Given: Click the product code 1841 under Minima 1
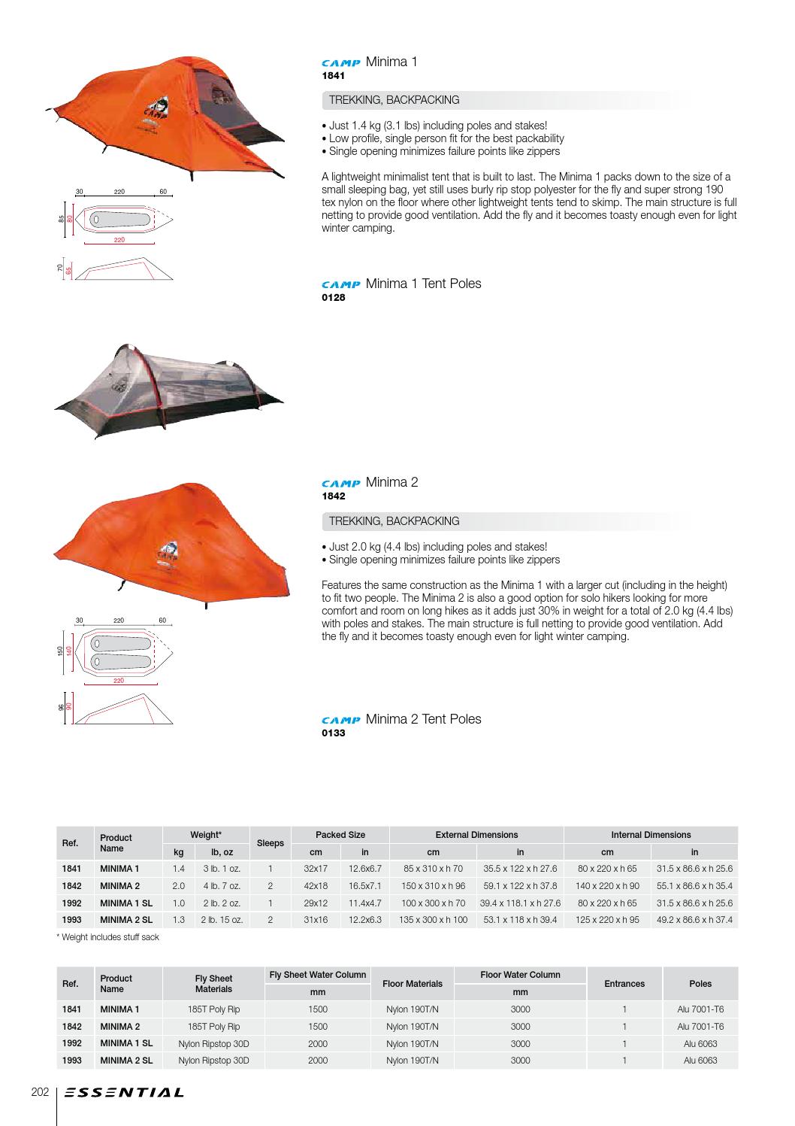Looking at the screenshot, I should coord(333,76).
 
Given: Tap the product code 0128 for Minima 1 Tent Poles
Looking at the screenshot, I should coord(333,298).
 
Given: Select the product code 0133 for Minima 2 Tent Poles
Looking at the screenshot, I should coord(333,733).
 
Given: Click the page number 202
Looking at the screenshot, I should coord(40,1091).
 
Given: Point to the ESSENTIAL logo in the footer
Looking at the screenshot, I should coord(124,1092).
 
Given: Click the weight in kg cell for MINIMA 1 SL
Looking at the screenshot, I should coord(178,903).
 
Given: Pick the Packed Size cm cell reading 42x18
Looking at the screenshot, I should coord(316,886).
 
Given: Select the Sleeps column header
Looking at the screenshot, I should coord(271,843).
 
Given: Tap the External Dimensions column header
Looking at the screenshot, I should coord(476,835).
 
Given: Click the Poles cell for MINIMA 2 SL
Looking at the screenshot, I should coord(700,1061).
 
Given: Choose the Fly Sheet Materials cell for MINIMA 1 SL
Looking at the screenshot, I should coord(213,1043).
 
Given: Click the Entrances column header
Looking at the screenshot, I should coord(624,984).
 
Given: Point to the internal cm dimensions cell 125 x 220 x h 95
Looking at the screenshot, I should coord(607,920).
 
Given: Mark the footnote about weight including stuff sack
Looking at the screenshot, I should coord(108,937).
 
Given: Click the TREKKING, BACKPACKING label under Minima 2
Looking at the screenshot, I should coord(394,521).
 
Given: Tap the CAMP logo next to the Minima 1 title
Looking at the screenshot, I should coord(341,63).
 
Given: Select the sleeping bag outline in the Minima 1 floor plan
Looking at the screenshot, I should coord(120,219).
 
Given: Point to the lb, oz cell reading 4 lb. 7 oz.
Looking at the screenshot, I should coord(222,886).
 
